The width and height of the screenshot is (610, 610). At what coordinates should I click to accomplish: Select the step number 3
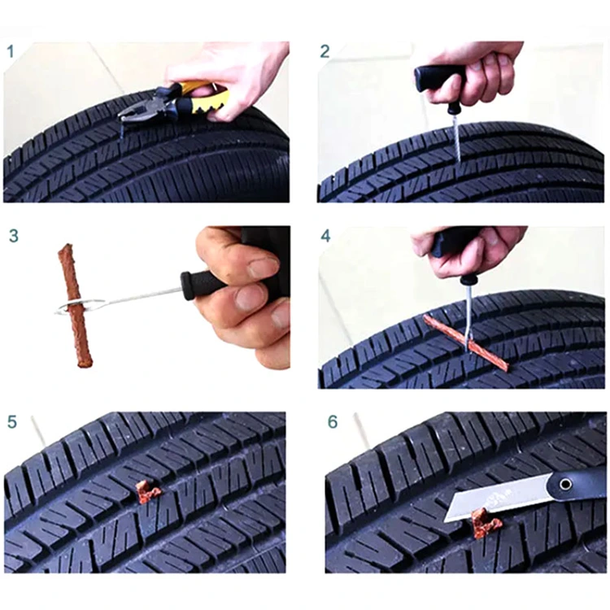point(14,237)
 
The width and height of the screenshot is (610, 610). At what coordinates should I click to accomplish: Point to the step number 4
point(326,237)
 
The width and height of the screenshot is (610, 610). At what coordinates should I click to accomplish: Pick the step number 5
point(11,422)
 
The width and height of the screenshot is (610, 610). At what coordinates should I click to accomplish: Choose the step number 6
point(332,422)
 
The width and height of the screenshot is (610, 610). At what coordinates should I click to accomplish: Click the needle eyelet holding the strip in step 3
point(81,306)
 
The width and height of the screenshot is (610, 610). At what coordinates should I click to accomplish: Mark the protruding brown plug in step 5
point(147,491)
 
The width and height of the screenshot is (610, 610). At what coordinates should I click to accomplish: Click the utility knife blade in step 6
point(496,496)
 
